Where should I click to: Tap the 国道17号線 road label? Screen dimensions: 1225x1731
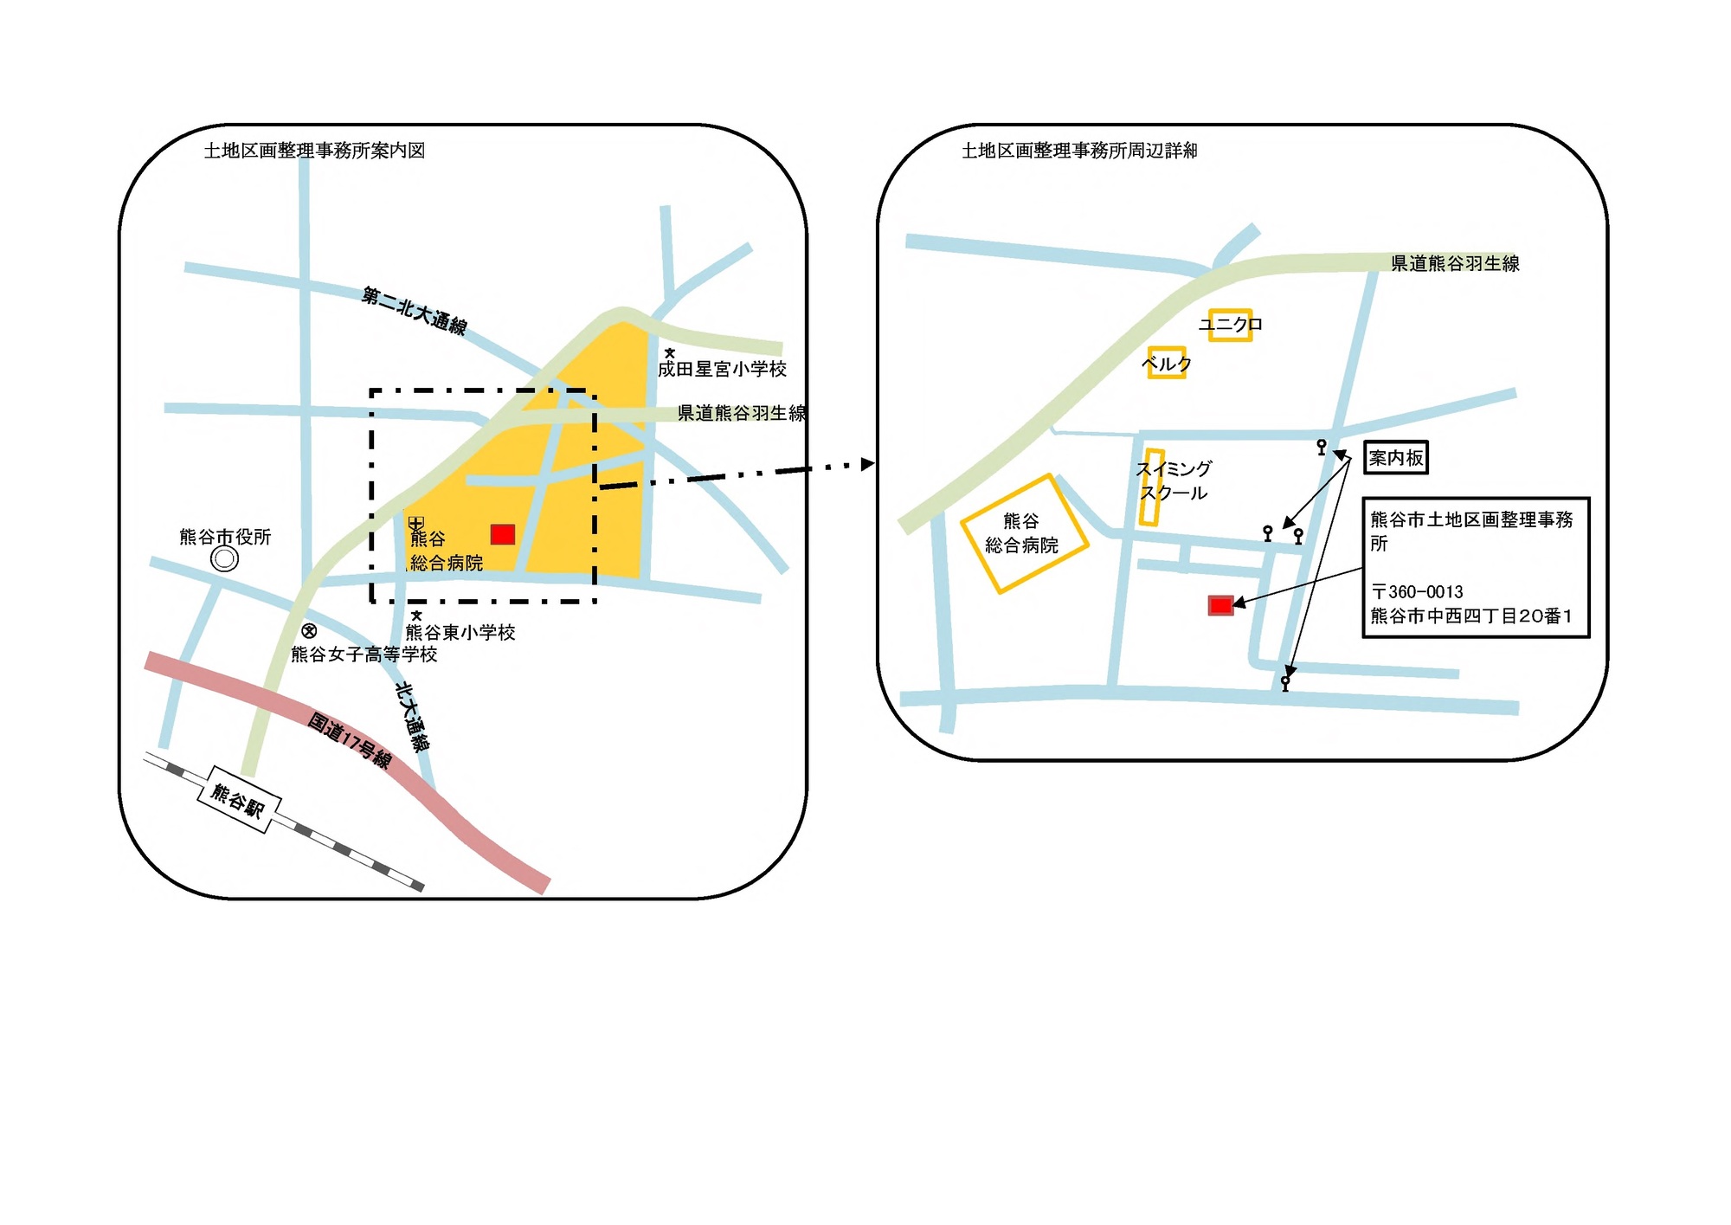point(350,741)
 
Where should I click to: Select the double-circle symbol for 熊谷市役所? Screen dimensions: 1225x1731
point(225,559)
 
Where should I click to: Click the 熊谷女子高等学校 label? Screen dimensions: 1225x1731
point(364,654)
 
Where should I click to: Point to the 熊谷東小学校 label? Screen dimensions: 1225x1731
point(460,633)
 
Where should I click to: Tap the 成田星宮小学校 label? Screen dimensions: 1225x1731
point(722,370)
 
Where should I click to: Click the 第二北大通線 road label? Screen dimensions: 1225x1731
point(415,311)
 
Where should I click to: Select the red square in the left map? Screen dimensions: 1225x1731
point(503,534)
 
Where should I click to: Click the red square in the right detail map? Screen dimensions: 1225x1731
point(1220,605)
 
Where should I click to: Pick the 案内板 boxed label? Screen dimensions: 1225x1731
point(1395,458)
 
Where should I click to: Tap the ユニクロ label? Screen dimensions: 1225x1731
point(1230,325)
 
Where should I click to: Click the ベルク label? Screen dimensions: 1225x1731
point(1167,364)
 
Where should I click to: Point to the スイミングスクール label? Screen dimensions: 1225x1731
point(1174,481)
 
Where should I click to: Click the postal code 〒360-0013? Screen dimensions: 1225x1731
point(1417,592)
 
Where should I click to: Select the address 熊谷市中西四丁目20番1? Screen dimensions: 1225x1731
point(1470,616)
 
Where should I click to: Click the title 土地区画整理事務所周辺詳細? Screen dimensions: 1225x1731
point(1079,151)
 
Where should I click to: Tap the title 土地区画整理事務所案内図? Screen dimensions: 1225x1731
point(314,151)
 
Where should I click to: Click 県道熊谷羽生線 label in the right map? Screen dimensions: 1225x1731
point(1455,263)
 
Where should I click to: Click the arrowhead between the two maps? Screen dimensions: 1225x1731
point(867,465)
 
